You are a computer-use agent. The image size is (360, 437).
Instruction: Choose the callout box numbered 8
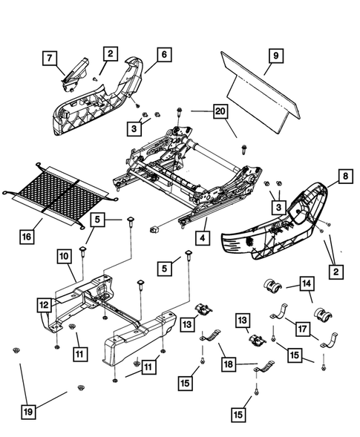pos(345,177)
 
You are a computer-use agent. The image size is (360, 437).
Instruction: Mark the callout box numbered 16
pos(27,237)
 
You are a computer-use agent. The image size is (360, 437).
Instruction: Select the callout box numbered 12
pos(46,304)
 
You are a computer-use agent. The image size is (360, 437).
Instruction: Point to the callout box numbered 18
pos(229,364)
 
